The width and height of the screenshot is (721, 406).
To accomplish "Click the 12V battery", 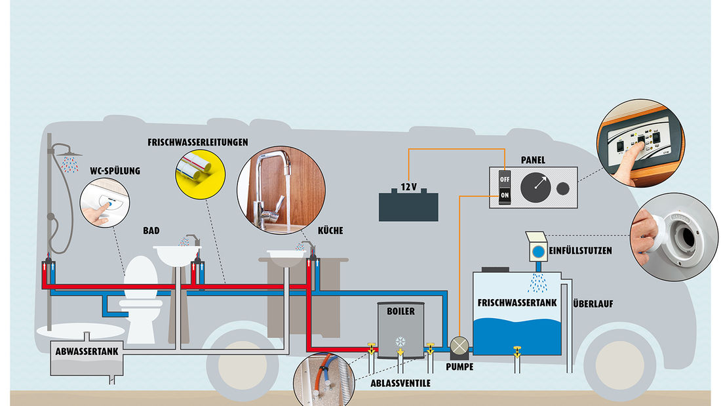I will click(408, 204).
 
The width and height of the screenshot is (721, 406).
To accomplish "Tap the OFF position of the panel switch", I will click(505, 178).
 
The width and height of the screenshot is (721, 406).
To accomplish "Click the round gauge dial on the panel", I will click(536, 188).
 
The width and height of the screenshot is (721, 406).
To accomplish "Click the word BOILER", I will click(400, 311).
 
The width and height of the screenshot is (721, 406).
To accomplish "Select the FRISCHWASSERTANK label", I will click(517, 303).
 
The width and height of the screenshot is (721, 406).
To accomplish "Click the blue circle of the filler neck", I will click(537, 251).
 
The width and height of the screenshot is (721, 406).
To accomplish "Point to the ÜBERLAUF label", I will click(593, 304).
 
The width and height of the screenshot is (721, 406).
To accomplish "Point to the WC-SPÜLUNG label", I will click(115, 172).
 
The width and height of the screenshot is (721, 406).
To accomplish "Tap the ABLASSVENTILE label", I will click(399, 383).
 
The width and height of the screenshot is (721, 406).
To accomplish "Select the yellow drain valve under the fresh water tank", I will click(517, 351).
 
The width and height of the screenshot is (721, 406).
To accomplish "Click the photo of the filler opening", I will click(674, 235).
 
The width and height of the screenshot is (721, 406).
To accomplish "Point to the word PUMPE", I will click(460, 367).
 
